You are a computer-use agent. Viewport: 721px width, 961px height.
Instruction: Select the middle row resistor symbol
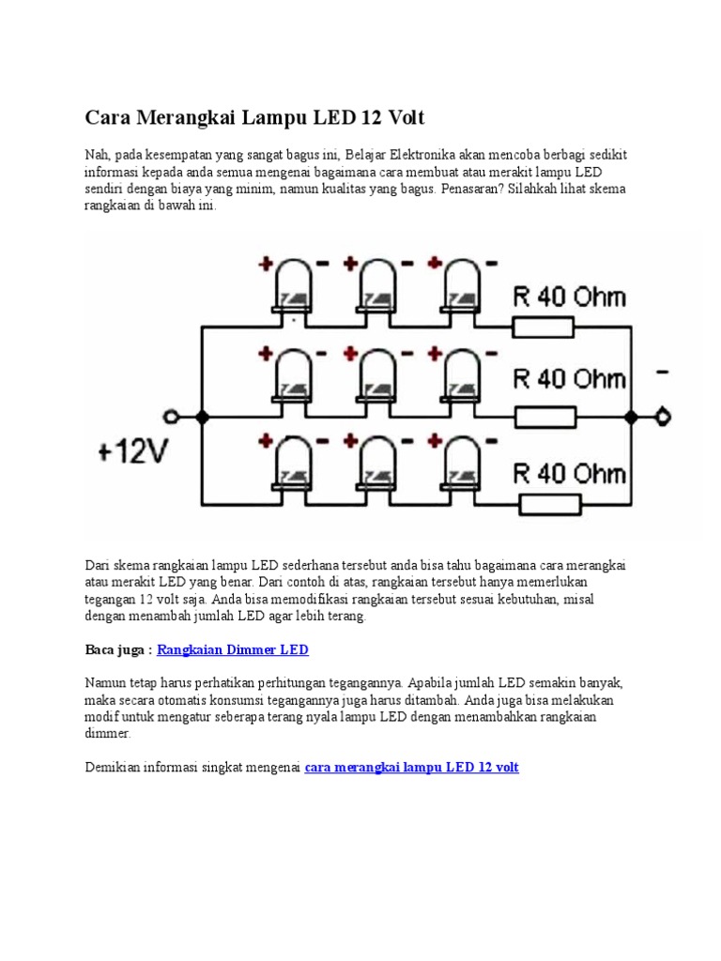[x=542, y=416]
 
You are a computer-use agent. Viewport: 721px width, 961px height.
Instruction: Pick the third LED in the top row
[x=461, y=286]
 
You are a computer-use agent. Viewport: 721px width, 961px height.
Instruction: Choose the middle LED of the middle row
[x=377, y=375]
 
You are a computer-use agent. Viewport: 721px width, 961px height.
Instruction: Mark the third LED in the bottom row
[x=461, y=464]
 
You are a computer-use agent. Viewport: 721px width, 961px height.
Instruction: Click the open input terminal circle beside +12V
[x=171, y=417]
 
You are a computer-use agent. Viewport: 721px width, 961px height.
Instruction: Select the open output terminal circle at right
[x=665, y=417]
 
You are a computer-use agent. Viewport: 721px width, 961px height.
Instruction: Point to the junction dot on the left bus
[x=201, y=417]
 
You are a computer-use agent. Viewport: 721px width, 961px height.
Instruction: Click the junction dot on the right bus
[x=633, y=417]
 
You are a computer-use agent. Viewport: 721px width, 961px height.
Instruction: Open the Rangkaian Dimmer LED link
[x=232, y=649]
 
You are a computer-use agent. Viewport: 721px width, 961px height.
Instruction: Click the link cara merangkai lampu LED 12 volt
[x=411, y=767]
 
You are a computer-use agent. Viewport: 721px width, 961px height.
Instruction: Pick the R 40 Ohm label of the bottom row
[x=569, y=472]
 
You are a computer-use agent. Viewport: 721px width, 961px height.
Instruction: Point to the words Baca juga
[x=116, y=649]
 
